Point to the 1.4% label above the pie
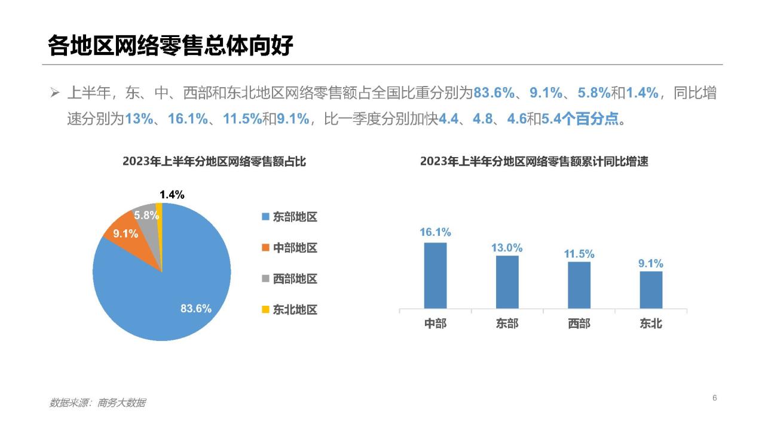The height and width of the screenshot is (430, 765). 172,195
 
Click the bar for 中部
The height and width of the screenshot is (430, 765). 435,275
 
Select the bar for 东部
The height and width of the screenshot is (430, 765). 507,282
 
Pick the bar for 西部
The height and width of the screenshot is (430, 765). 579,285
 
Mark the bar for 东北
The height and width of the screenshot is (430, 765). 651,290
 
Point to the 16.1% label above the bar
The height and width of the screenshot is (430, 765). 435,232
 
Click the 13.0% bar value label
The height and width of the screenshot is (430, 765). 507,247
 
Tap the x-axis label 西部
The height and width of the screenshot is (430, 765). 579,324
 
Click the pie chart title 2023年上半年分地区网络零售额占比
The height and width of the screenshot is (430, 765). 214,161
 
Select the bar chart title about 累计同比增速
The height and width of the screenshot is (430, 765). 534,161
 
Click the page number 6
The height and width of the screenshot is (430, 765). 714,398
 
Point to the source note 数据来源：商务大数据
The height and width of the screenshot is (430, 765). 97,403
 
